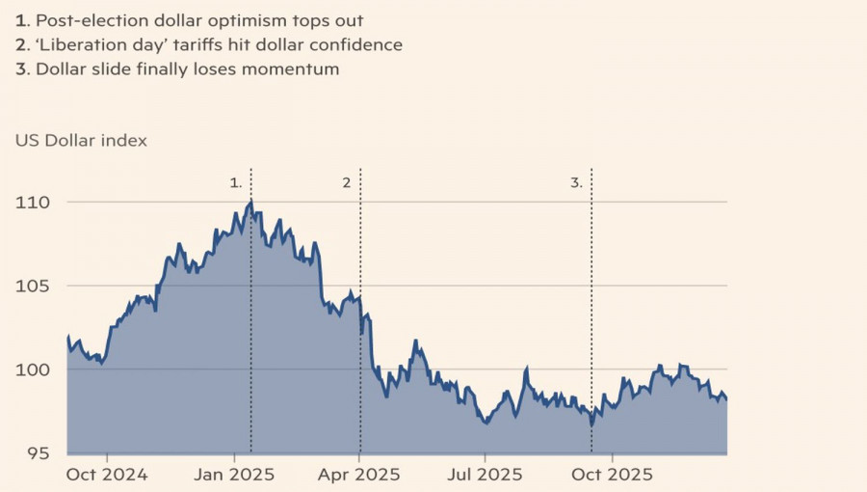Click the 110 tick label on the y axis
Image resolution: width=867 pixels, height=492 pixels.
tap(32, 203)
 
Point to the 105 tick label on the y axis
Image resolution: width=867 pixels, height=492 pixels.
tap(32, 287)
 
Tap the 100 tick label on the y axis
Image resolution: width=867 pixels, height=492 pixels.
tap(32, 370)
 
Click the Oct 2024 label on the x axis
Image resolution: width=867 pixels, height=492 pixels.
tap(107, 475)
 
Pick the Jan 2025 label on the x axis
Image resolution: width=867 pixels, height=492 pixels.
tap(235, 475)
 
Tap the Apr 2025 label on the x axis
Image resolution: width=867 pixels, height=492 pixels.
tap(359, 475)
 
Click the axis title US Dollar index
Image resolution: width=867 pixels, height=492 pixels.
tap(81, 140)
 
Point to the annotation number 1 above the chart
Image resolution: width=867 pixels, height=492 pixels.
tap(235, 181)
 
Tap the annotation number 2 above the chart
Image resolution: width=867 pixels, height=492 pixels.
tap(347, 181)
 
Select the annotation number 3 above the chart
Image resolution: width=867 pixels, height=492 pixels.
tap(576, 181)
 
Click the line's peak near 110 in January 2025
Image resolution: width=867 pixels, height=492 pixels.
tap(250, 202)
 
